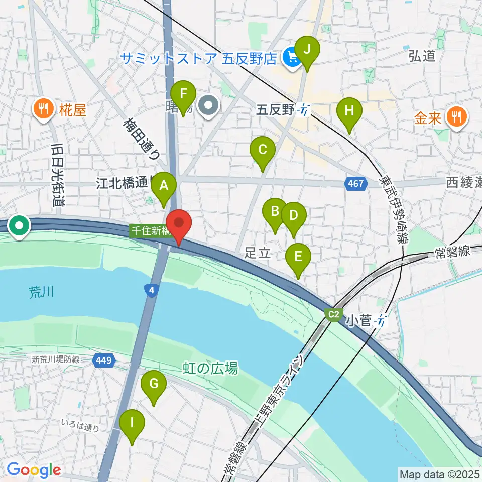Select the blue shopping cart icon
tap(290, 58)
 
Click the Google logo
tap(33, 470)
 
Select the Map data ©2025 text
tap(439, 473)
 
